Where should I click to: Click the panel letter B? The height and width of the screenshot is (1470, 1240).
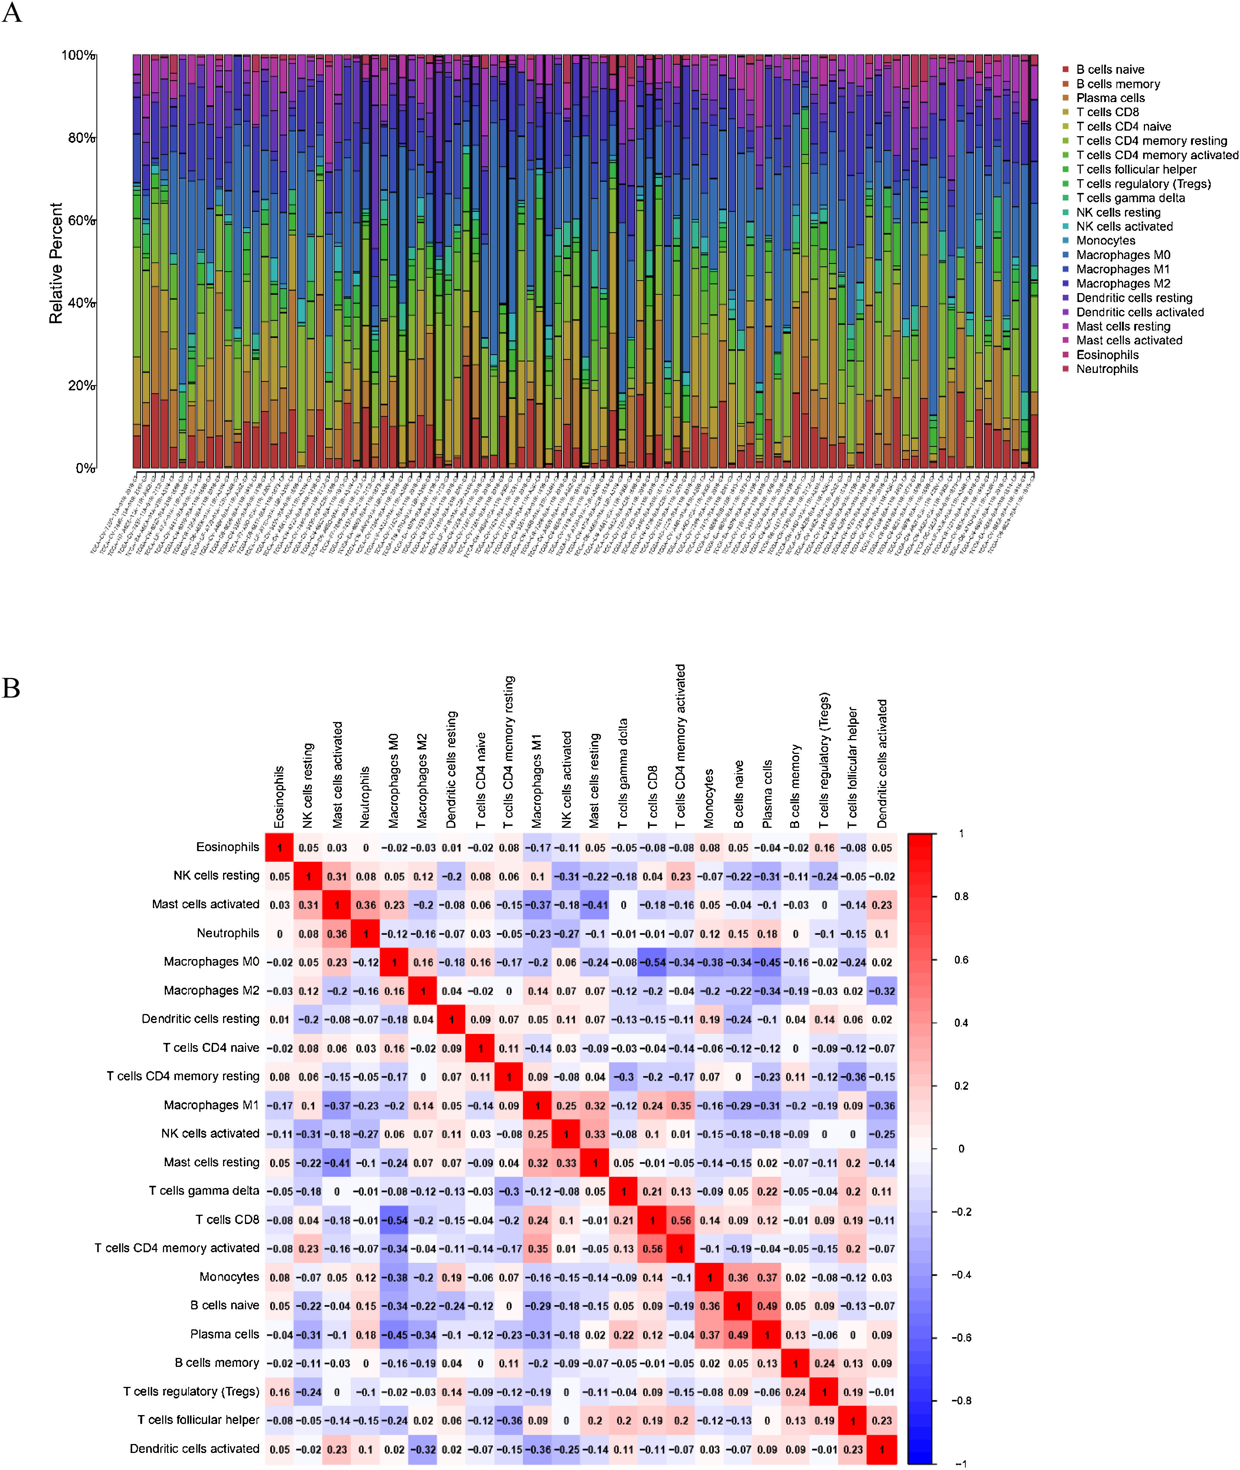[x=11, y=688]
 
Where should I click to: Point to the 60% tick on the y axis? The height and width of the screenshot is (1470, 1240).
[x=82, y=221]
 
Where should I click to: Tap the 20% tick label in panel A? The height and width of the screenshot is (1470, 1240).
[x=82, y=386]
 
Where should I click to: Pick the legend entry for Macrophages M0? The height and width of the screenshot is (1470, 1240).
[x=1123, y=255]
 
